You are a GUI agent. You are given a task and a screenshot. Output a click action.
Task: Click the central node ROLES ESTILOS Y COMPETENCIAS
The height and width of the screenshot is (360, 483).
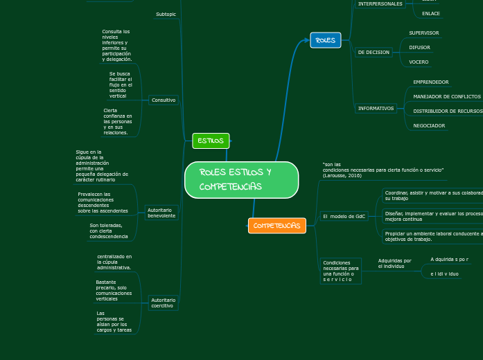[241, 180]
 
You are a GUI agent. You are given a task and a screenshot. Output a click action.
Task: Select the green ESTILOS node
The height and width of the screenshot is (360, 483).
[211, 141]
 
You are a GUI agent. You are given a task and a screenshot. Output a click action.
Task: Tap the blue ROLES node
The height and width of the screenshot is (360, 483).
[325, 40]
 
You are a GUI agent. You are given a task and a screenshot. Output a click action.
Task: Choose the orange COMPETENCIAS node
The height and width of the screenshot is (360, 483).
[276, 226]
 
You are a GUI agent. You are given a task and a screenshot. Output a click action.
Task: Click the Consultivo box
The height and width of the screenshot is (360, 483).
[164, 100]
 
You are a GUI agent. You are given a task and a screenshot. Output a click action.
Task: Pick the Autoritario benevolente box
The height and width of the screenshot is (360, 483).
[161, 213]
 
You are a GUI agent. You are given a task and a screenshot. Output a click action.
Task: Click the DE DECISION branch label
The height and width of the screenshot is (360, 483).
[374, 52]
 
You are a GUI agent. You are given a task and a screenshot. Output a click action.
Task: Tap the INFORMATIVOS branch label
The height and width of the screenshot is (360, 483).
[376, 108]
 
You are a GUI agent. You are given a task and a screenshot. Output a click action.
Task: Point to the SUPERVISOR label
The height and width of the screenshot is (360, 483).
[423, 33]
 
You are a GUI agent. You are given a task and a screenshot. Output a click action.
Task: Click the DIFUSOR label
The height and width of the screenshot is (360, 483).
[419, 47]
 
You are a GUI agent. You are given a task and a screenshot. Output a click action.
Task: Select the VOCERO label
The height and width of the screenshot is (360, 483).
[418, 62]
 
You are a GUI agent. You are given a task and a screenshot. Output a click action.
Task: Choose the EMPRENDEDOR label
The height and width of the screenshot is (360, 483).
[430, 82]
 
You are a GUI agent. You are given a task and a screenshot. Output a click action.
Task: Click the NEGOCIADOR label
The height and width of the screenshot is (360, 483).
[429, 125]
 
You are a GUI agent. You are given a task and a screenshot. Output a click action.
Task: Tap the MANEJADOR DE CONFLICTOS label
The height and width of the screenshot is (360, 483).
[446, 96]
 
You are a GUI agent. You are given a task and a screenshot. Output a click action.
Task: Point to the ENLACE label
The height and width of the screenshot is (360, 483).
[430, 13]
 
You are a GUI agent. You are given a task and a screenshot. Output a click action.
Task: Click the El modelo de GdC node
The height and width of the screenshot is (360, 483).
[344, 216]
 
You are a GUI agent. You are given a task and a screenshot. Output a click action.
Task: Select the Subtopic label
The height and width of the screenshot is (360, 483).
[166, 14]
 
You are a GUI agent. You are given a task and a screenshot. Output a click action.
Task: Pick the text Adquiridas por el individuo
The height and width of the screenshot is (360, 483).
[394, 263]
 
